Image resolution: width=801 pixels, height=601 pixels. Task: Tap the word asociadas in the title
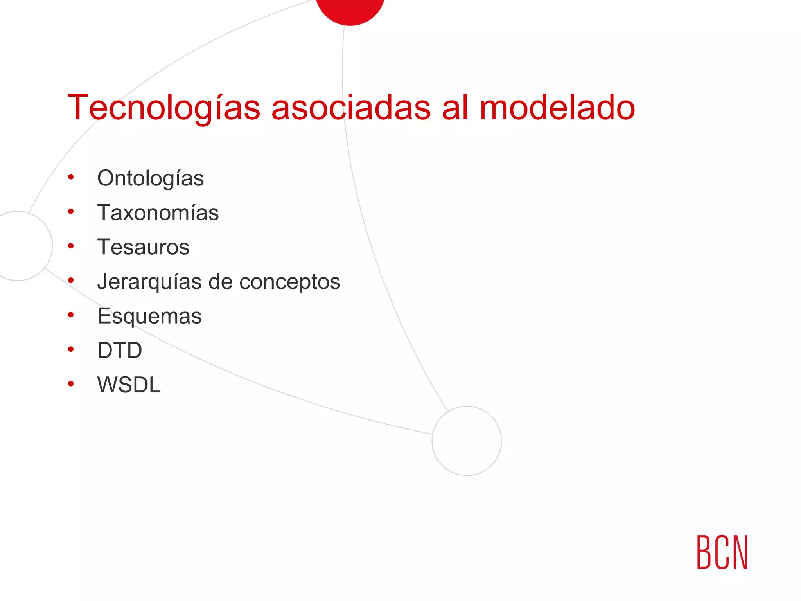tap(351, 108)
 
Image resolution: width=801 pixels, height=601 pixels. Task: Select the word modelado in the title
tap(557, 108)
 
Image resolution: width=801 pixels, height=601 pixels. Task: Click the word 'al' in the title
tap(455, 108)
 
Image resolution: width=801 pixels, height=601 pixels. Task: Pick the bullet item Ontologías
tap(150, 179)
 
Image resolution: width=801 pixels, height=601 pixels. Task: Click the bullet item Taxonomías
tap(158, 213)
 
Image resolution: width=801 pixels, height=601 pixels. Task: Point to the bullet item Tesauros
tap(143, 247)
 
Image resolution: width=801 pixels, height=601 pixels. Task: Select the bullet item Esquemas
tap(149, 316)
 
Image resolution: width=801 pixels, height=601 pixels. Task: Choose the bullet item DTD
tap(119, 350)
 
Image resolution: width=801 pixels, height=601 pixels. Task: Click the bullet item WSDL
tap(129, 385)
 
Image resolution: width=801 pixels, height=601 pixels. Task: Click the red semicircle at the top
tap(350, 10)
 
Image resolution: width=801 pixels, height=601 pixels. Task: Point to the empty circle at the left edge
tap(20, 246)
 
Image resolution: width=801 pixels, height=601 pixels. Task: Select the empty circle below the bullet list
tap(467, 441)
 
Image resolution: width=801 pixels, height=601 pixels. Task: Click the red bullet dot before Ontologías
tap(71, 177)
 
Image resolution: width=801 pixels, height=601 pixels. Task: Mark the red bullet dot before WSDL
tap(71, 384)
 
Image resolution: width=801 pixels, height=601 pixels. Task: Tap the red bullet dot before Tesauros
tap(71, 246)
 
